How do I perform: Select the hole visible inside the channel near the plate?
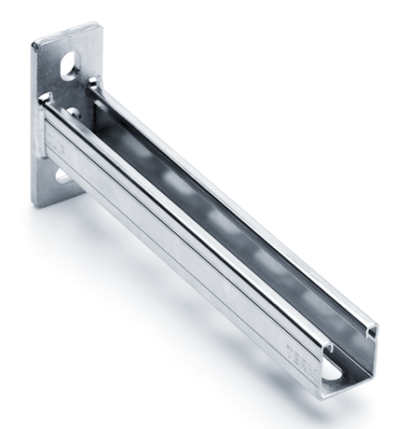[x=72, y=113]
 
